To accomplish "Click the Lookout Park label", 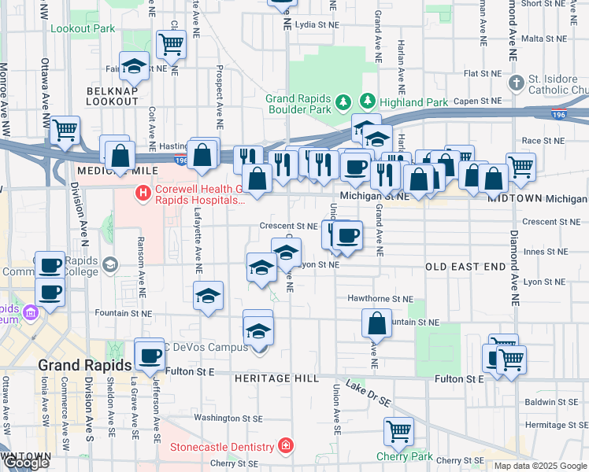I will tap(82, 28).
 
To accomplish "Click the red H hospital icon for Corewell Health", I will tap(143, 191).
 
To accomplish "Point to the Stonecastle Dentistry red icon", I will tap(283, 447).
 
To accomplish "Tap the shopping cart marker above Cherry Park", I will tap(399, 431).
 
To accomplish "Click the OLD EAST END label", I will tap(465, 267).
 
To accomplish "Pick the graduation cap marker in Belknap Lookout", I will tap(135, 67).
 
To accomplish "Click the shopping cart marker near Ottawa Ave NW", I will tap(65, 130).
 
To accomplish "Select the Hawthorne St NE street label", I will tap(380, 299).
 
